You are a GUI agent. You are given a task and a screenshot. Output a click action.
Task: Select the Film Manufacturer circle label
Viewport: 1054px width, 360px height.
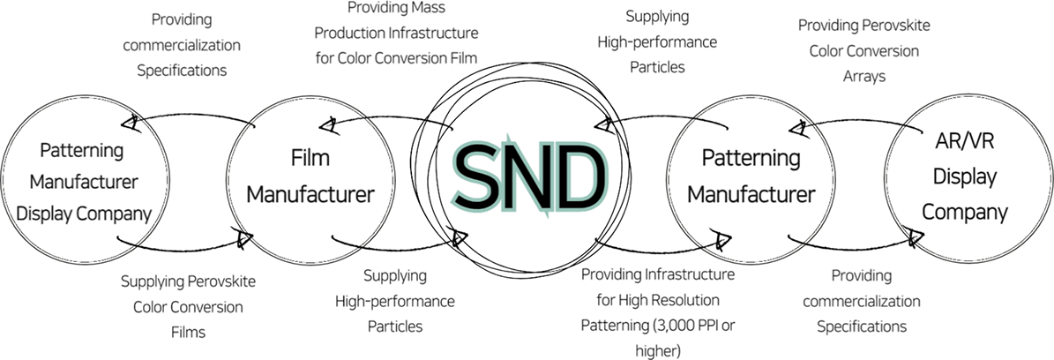coord(309,177)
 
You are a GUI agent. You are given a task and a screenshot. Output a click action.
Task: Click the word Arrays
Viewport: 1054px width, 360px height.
coord(863,77)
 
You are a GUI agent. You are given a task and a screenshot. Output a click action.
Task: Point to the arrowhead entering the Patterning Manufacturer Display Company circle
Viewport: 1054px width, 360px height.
coord(131,123)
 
